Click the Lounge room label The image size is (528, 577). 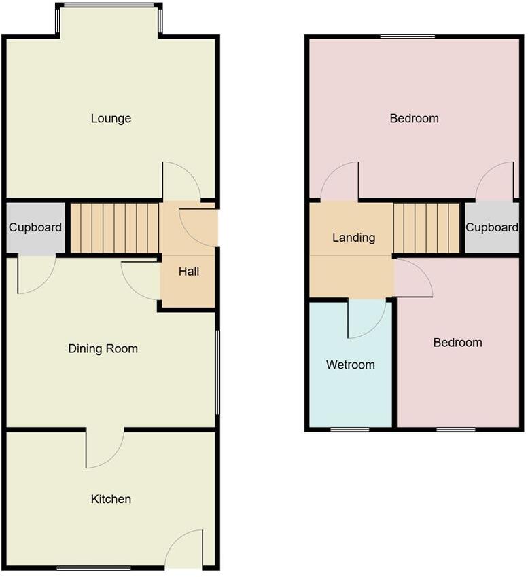click(111, 119)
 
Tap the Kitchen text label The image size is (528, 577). click(111, 499)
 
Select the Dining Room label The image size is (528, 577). click(103, 349)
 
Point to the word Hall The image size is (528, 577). click(189, 272)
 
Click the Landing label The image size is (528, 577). click(353, 238)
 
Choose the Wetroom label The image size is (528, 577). click(350, 365)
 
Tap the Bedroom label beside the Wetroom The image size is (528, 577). click(457, 343)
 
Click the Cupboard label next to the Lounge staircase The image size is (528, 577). click(35, 228)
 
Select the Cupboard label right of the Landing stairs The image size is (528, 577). click(492, 227)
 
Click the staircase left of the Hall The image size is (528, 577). click(114, 227)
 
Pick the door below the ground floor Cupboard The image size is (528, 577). click(35, 274)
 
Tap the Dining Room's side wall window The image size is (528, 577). click(217, 371)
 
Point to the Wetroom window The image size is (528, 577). click(350, 429)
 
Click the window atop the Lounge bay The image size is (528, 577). click(109, 5)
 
